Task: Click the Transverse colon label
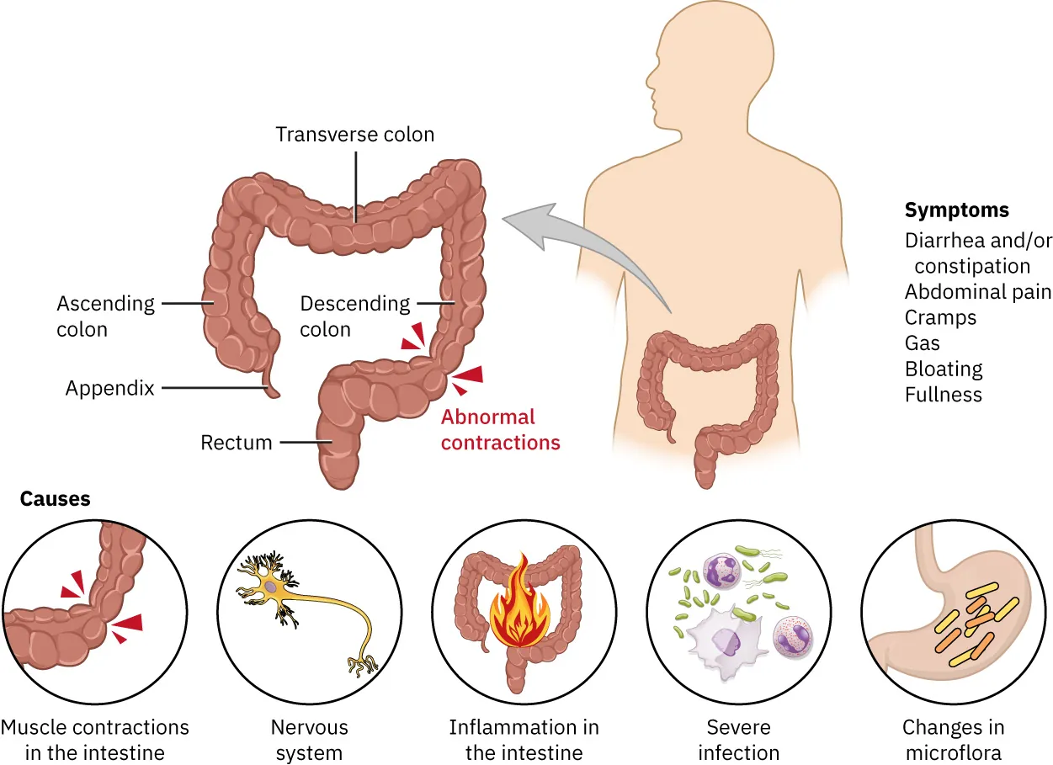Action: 355,135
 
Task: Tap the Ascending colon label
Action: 106,316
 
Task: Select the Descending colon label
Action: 355,316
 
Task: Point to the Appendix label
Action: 110,388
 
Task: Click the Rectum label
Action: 237,443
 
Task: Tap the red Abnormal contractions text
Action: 500,429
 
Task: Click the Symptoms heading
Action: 956,210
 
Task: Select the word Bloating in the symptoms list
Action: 944,369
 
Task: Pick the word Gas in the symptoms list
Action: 923,343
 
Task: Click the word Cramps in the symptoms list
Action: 940,318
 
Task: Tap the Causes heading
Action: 55,499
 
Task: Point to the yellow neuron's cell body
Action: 271,587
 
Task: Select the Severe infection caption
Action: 738,739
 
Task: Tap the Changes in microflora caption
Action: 953,739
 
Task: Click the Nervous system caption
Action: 309,739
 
